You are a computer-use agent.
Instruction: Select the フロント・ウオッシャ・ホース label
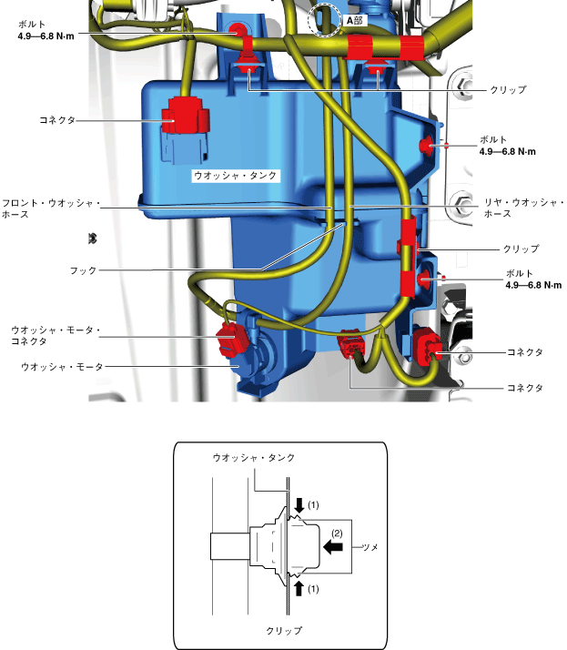[49, 208]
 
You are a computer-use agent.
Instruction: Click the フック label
[83, 270]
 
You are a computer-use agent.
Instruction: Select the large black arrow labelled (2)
[335, 548]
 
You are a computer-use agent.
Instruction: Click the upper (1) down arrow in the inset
[299, 505]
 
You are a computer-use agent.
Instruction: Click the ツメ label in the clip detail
[370, 548]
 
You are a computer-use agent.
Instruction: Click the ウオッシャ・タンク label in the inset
[253, 457]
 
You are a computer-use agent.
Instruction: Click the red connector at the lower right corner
[428, 349]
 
